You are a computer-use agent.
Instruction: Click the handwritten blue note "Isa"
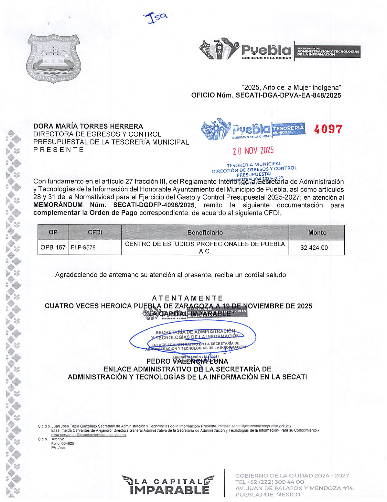(x=156, y=18)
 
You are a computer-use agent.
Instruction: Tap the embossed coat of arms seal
(x=54, y=58)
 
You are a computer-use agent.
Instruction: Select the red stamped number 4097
(x=328, y=129)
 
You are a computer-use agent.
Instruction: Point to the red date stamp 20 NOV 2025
(x=253, y=151)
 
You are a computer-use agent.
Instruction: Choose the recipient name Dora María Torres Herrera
(x=88, y=126)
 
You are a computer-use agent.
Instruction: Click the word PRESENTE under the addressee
(x=59, y=150)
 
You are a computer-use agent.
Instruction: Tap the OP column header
(x=53, y=232)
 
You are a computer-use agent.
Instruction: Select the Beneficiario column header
(x=205, y=233)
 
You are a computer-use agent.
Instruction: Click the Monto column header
(x=317, y=233)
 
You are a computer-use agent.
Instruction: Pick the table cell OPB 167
(x=53, y=247)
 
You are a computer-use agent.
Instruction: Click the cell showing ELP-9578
(x=83, y=247)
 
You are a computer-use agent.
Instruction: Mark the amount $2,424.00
(x=314, y=248)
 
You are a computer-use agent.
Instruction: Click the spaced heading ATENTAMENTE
(x=188, y=298)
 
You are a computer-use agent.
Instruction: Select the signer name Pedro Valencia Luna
(x=187, y=361)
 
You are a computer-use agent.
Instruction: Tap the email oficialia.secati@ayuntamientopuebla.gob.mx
(x=254, y=426)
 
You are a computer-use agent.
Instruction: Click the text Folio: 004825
(x=63, y=443)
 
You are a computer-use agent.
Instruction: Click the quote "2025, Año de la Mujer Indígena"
(x=291, y=87)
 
